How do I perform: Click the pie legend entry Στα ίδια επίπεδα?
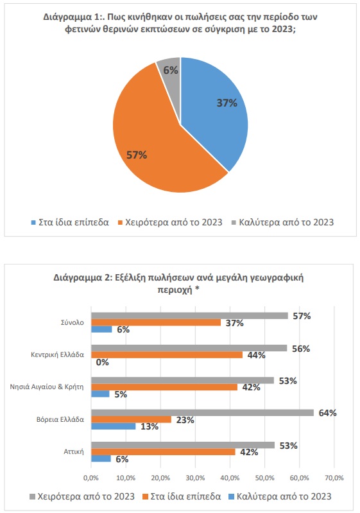tap(70, 223)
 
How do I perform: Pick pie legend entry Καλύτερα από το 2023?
tap(282, 223)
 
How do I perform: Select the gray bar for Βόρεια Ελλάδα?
tap(202, 413)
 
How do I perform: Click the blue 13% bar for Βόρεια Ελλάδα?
tap(114, 426)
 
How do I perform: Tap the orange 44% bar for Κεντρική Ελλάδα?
tap(167, 355)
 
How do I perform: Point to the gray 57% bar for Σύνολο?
tap(190, 316)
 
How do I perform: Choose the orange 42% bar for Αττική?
tap(163, 452)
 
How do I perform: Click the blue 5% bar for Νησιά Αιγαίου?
tap(100, 394)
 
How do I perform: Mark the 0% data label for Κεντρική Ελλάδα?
tap(102, 362)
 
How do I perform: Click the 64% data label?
tap(328, 413)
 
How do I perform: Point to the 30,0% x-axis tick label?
tap(195, 478)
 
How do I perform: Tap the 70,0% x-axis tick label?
tap(334, 478)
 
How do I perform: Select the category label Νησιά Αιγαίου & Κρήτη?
tap(47, 387)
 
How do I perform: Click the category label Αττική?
tap(74, 452)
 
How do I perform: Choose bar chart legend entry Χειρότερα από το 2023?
tap(82, 497)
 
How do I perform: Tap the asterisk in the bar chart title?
tap(197, 289)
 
